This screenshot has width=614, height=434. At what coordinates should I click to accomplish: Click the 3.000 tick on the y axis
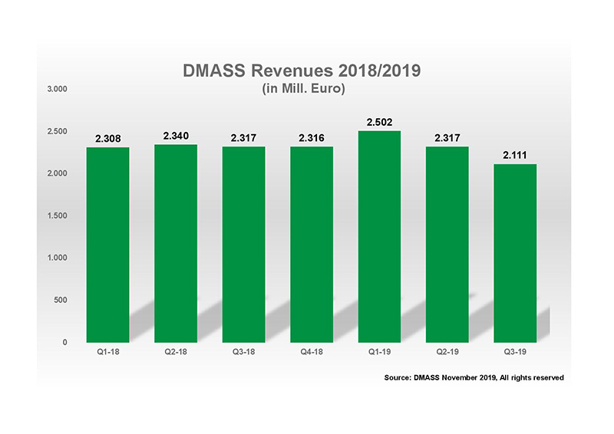click(58, 89)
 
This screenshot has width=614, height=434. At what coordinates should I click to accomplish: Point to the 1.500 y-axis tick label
click(58, 215)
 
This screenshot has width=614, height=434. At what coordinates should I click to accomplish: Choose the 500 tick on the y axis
click(61, 300)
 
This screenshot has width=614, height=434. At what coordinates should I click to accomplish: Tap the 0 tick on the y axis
click(65, 342)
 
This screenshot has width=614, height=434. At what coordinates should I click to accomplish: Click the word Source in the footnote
click(399, 377)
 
